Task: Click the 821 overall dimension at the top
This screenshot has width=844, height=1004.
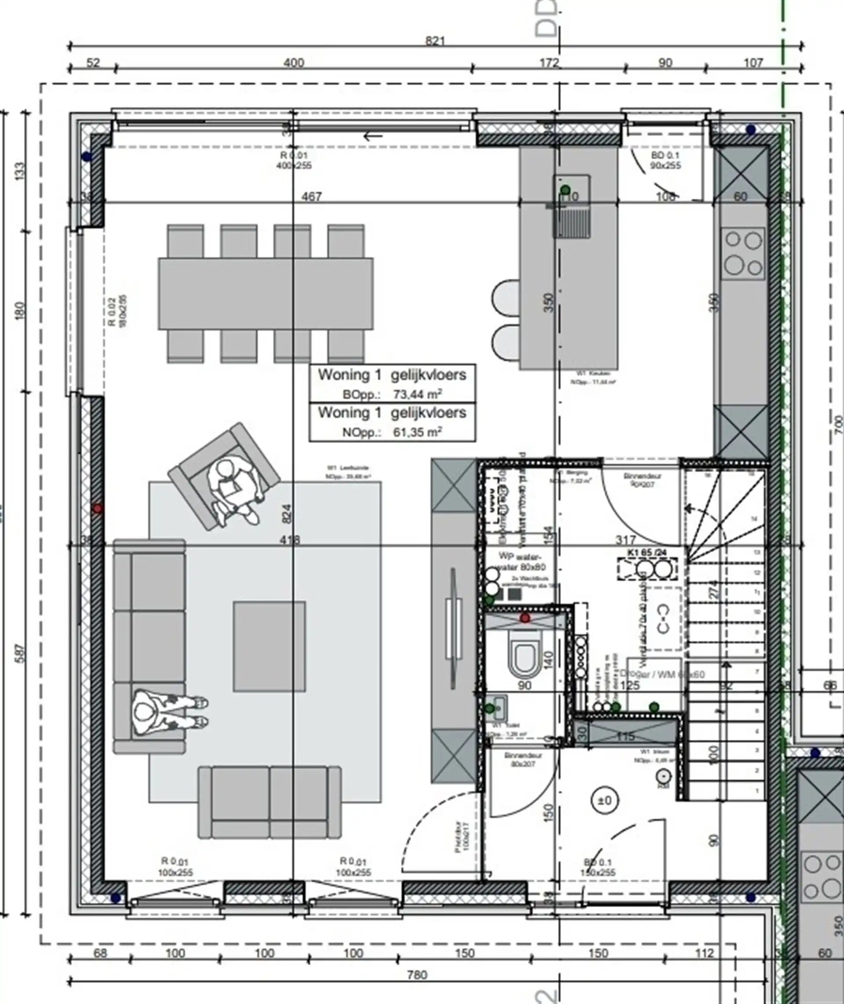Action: tap(434, 41)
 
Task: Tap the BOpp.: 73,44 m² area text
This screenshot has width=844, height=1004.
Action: tap(393, 395)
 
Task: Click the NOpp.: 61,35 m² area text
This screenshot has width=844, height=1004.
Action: tap(393, 433)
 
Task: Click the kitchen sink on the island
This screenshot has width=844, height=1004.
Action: tap(573, 206)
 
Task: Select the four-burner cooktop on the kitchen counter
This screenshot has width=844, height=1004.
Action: tap(743, 253)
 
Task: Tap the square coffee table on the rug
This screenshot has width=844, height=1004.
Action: tap(269, 646)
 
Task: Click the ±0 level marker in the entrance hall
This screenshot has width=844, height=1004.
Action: tap(605, 801)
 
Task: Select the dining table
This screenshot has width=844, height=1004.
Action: tap(266, 293)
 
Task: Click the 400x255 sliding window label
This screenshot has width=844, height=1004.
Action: tap(294, 165)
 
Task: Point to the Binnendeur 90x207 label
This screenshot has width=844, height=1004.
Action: tap(642, 480)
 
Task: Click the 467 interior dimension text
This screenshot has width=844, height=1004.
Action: tap(312, 196)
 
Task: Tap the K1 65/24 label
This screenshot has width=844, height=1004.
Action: tap(647, 553)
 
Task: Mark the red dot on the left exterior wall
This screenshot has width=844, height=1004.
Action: tap(98, 509)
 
